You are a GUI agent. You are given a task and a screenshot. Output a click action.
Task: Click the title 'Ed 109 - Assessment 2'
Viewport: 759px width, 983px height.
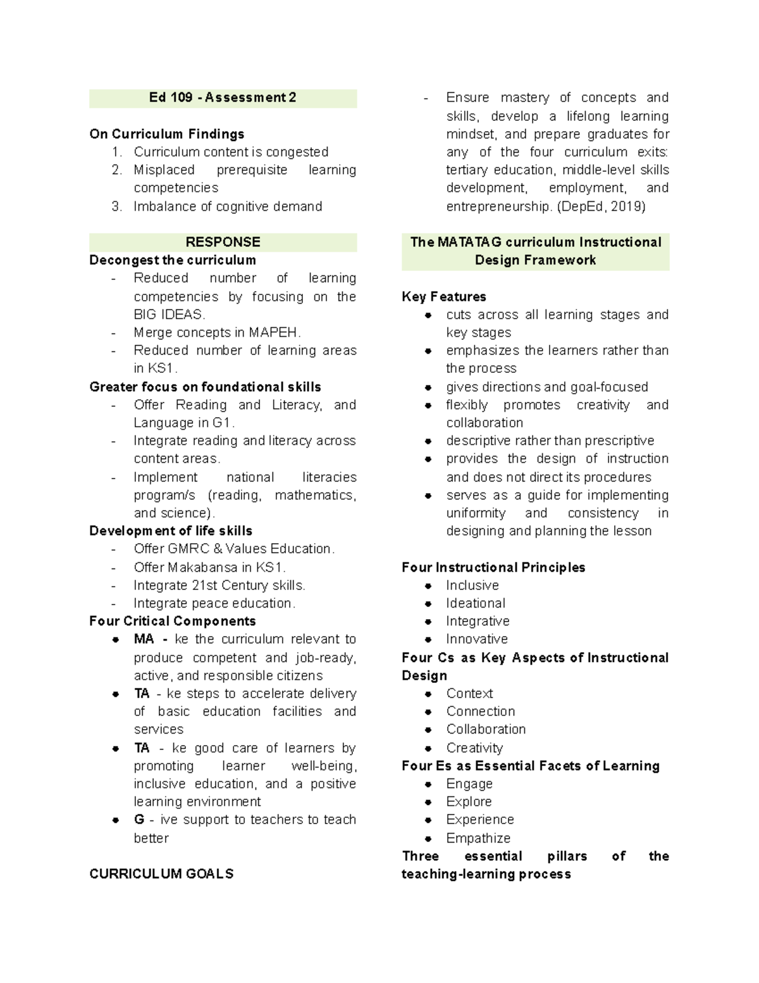point(223,97)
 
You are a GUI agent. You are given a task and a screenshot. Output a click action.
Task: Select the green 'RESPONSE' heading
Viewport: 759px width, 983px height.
point(223,242)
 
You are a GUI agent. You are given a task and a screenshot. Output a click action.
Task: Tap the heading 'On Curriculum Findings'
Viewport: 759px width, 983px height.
point(167,134)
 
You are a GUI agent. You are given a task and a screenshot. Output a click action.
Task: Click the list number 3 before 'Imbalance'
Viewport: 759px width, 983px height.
point(116,206)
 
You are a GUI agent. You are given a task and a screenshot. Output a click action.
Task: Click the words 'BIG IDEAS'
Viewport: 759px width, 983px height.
point(168,315)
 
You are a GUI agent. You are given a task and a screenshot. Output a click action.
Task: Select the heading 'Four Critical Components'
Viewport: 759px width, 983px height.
point(173,621)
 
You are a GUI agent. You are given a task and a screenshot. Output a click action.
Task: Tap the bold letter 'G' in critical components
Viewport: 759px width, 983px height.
point(139,820)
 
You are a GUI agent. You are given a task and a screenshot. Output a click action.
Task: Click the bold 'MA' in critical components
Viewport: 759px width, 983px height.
point(144,639)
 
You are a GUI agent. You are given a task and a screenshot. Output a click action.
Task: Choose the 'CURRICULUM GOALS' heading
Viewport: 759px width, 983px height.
point(161,874)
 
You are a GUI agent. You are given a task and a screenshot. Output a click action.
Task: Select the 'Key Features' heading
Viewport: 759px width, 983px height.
point(444,297)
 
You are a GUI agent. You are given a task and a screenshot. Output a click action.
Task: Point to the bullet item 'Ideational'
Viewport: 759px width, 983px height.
point(476,603)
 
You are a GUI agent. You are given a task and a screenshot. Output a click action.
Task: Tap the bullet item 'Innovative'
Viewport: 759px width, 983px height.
point(477,639)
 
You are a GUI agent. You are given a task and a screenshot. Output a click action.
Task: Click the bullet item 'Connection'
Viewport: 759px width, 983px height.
point(481,711)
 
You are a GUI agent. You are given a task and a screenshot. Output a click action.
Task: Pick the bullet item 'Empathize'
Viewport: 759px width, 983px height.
point(478,838)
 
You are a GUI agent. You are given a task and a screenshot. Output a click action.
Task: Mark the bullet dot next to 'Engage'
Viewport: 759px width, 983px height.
point(428,784)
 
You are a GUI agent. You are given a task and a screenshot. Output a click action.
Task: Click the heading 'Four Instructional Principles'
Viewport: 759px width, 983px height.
point(493,567)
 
